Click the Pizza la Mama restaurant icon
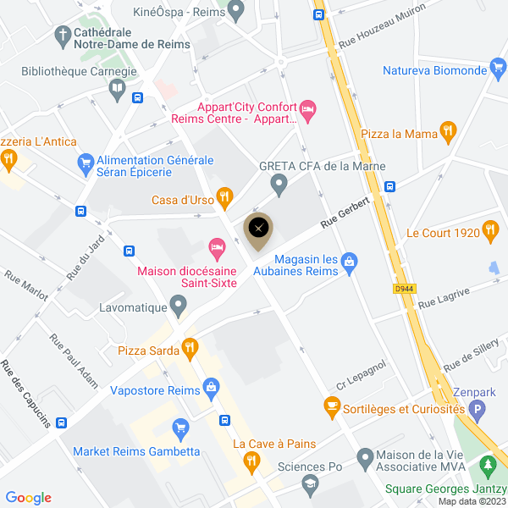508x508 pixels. pos(449,131)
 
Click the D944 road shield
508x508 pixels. pos(405,289)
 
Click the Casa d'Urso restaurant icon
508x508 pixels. pos(224,198)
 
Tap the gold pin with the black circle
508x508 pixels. pos(258,228)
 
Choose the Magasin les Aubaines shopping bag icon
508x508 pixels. pos(349,266)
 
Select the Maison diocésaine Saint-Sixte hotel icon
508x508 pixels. pos(217,248)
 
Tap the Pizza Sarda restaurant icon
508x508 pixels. pos(190,347)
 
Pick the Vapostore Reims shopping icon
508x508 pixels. pos(210,389)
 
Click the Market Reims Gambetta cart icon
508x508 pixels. pos(179,428)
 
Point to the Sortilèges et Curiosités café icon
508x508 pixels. pos(333,408)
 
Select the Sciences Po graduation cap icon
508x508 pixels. pos(310,483)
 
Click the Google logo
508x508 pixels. pos(28,498)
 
